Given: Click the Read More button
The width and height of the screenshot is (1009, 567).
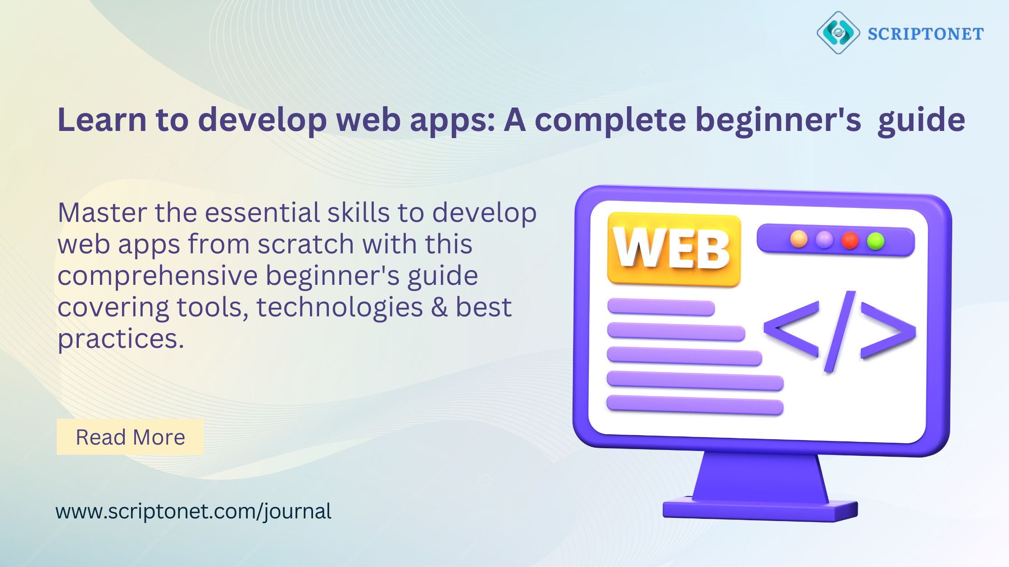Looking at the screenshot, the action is (x=130, y=437).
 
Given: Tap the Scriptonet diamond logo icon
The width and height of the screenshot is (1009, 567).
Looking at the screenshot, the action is (x=838, y=33).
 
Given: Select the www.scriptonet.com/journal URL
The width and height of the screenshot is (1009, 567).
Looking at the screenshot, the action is (x=194, y=512).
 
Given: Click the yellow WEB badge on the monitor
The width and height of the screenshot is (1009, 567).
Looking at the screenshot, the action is (x=674, y=250).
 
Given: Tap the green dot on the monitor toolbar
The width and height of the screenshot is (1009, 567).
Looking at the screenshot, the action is (x=876, y=241).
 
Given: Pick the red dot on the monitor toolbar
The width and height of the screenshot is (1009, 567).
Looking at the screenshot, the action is (x=850, y=240).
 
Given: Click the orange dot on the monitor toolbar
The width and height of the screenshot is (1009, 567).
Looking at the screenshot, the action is (x=799, y=239).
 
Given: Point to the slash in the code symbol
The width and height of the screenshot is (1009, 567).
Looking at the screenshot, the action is (x=840, y=332).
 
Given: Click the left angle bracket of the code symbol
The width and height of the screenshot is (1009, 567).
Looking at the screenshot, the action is (x=791, y=329).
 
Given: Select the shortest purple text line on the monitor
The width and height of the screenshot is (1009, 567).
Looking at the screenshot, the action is (x=661, y=307).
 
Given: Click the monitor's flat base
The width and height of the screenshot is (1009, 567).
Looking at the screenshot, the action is (x=760, y=510).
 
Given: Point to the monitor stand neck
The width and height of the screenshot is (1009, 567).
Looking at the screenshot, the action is (x=760, y=477).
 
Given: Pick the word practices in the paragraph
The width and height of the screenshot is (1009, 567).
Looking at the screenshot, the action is (x=121, y=340).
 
